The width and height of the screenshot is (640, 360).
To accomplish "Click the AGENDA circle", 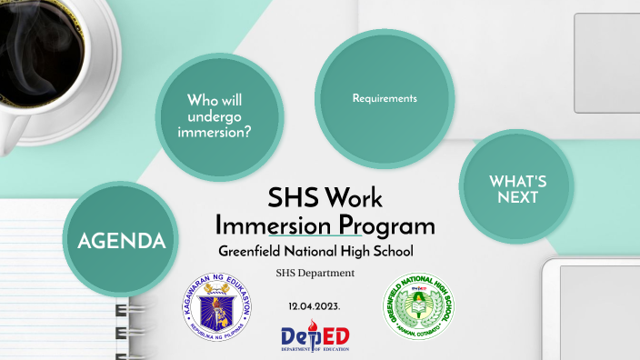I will coord(121,240).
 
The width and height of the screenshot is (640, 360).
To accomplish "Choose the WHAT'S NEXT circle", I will coord(517,188).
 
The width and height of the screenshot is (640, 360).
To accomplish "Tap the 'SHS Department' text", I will coord(315,273).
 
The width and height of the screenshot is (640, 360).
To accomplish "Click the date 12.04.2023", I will coord(314,305).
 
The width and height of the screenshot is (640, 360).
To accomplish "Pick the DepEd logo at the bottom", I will coord(315,336).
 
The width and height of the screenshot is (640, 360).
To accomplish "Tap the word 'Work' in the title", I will coord(355,196).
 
